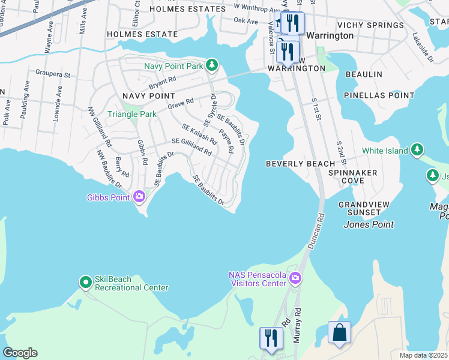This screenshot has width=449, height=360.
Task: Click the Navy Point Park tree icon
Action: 211,64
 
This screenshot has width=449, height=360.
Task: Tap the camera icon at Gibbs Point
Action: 139,196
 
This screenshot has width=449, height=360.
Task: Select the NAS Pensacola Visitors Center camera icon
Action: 295,277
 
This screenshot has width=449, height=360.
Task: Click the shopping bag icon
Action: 339,332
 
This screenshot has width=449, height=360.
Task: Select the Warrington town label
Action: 330,35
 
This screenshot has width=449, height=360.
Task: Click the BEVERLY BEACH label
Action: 301,164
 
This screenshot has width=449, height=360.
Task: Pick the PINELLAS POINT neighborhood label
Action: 379,95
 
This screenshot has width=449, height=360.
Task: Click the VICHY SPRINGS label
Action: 370,25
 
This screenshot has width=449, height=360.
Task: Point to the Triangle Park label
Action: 131,114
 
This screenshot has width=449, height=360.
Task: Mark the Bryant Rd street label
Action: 163,79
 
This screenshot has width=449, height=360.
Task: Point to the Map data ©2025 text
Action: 423,355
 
